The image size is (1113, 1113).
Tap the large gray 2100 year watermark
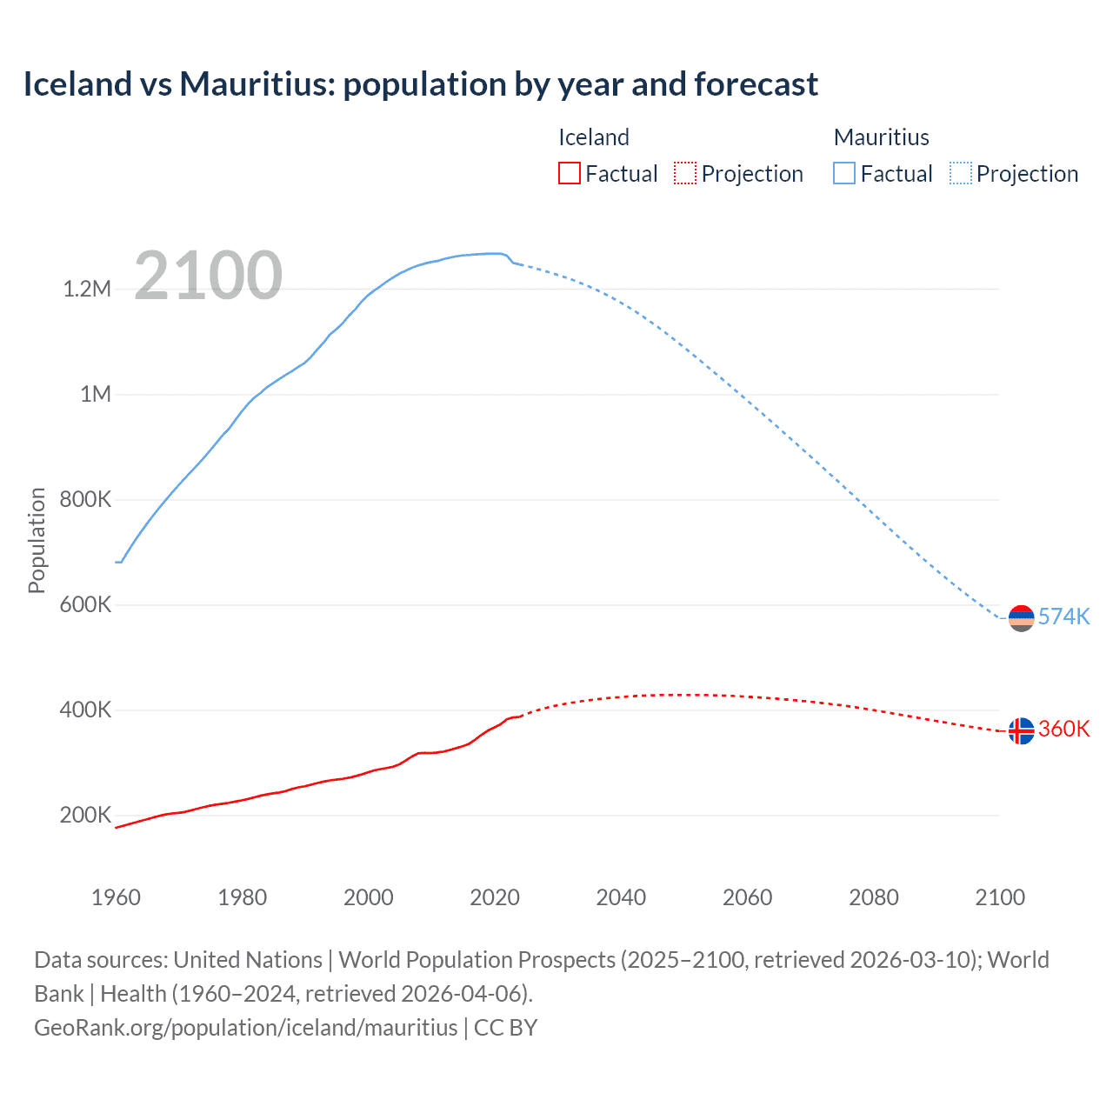pos(208,276)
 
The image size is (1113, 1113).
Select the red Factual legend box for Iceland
pos(569,174)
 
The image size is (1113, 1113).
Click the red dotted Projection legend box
pos(685,174)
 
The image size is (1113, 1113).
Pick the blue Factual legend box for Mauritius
pos(844,174)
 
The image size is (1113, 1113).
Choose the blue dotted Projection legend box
pos(961,174)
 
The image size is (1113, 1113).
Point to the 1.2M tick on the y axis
pos(87,289)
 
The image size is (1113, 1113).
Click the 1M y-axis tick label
pos(96,395)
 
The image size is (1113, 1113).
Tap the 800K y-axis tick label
pos(85,500)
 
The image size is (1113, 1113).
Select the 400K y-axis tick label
pos(85,710)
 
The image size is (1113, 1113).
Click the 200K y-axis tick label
pos(85,816)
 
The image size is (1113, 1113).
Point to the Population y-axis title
pos(37,540)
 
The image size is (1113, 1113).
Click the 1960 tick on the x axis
pos(116,897)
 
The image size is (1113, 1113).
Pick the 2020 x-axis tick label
pos(495,897)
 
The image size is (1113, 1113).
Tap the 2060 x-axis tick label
pos(747,897)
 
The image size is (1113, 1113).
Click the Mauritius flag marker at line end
pos(1021,618)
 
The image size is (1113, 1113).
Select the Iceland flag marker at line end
pos(1021,731)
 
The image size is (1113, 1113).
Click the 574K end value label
pos(1063,616)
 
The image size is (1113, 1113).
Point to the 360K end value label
pos(1063,729)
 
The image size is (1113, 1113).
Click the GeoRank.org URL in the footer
pos(245,1028)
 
